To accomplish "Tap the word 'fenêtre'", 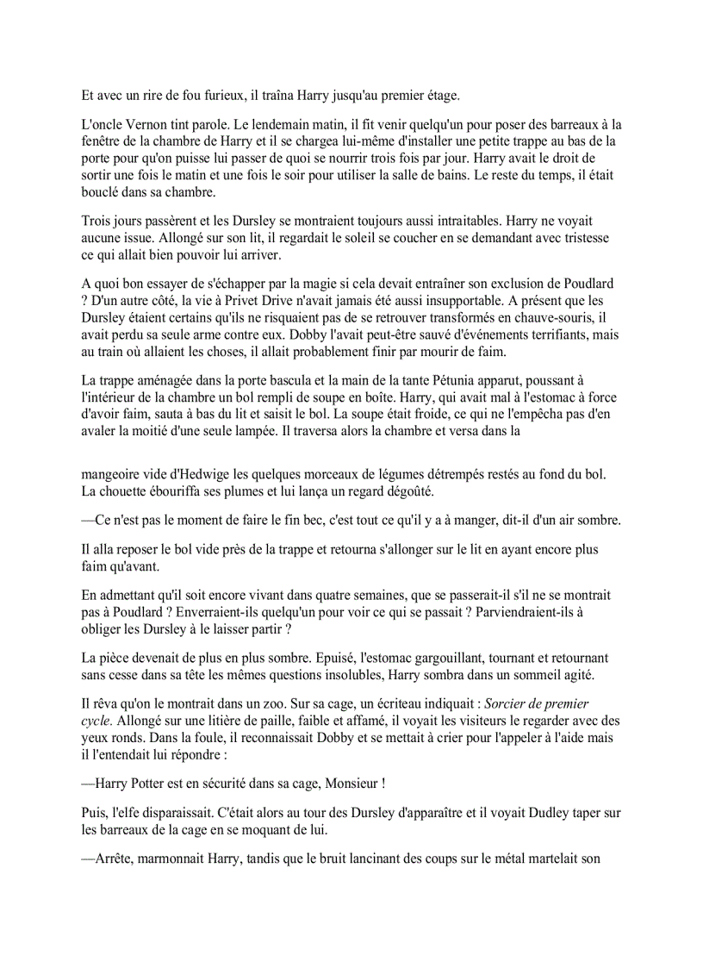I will tap(104, 141).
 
